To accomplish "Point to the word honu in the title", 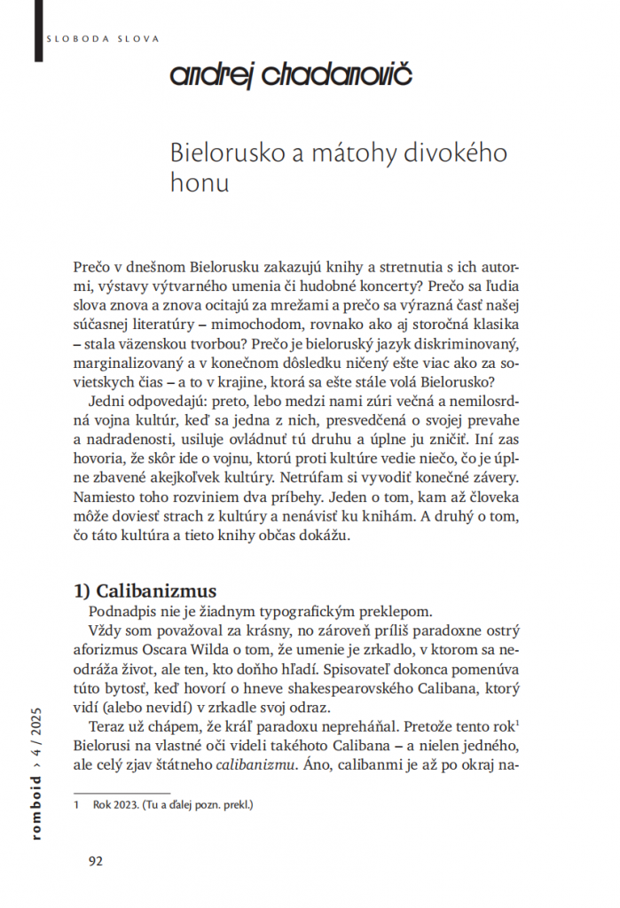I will click(199, 183).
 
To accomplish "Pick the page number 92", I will click(96, 859).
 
